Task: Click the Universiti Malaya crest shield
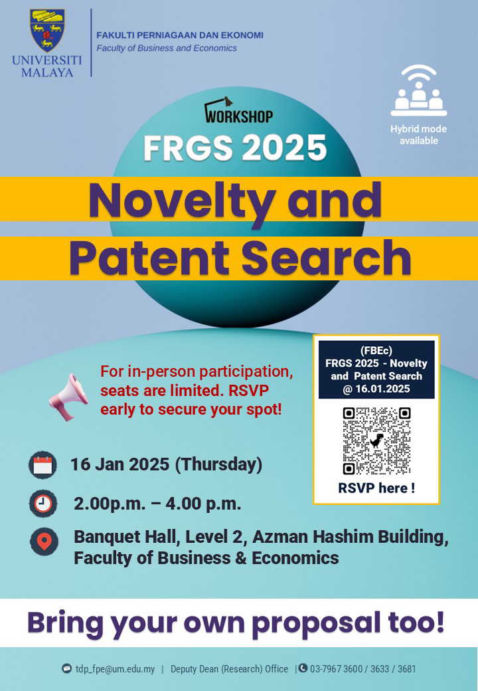47,30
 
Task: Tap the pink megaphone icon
68,397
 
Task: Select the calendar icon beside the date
42,465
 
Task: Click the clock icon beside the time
43,503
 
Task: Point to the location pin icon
44,541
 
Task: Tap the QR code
376,441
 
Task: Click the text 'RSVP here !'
376,488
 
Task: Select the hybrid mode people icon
418,90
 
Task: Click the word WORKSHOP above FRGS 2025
239,116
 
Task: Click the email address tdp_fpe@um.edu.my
115,669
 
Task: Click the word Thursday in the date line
219,464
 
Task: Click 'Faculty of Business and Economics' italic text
167,48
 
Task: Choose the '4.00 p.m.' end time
203,503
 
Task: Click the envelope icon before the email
66,668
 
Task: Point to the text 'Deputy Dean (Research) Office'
229,669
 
